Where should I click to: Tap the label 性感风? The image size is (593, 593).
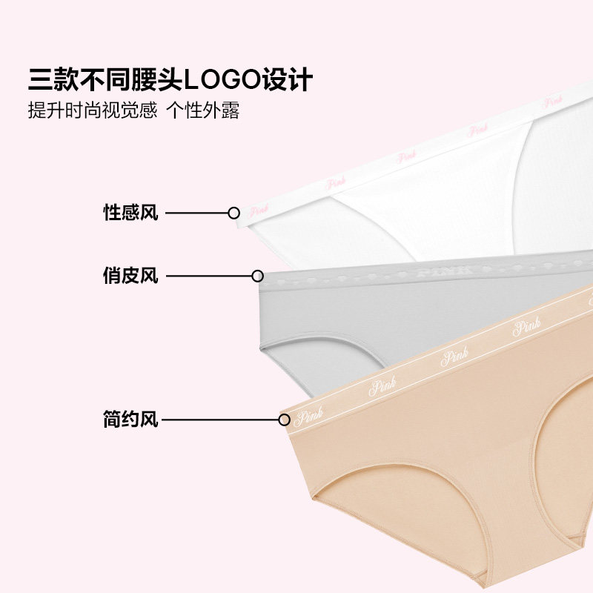click(x=130, y=213)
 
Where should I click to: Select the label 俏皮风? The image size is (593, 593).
click(x=130, y=276)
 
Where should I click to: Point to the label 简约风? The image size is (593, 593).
click(x=130, y=420)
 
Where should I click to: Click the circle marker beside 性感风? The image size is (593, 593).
click(x=233, y=213)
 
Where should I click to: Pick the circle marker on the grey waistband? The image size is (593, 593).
click(x=257, y=276)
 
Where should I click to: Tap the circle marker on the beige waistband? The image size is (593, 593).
click(x=284, y=420)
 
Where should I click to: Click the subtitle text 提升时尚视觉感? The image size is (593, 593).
click(x=93, y=111)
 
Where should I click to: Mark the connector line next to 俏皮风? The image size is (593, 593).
click(x=207, y=276)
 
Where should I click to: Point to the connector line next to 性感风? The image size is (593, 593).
click(x=196, y=213)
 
